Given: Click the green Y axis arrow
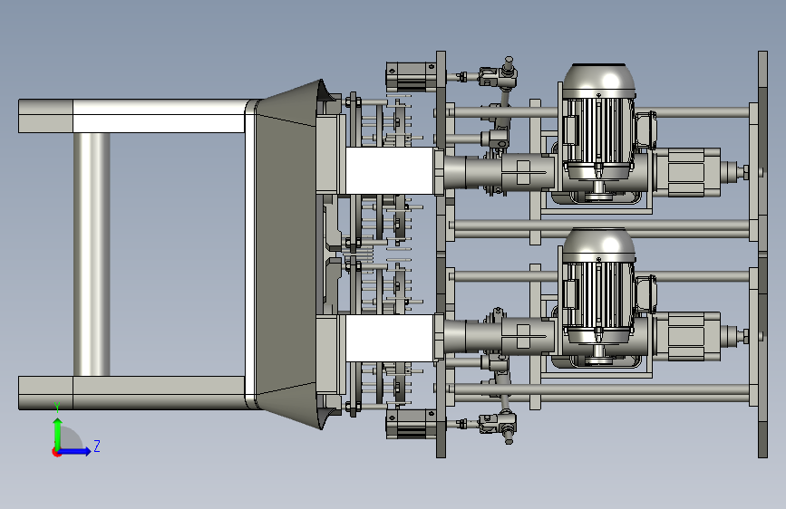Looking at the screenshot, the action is click(x=58, y=434).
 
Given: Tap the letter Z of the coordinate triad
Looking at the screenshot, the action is click(x=97, y=446).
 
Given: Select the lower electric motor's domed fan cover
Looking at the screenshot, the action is click(x=598, y=245).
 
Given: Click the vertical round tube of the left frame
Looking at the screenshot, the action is click(x=92, y=254).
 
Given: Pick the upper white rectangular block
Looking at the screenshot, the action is click(x=390, y=170).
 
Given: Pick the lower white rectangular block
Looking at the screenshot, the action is click(x=390, y=338).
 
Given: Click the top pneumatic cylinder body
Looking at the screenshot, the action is click(x=411, y=76).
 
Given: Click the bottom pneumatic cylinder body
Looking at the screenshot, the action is click(x=411, y=424).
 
